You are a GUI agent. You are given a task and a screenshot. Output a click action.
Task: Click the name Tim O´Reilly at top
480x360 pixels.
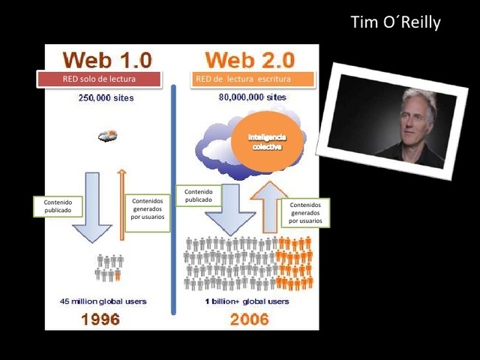point(395,22)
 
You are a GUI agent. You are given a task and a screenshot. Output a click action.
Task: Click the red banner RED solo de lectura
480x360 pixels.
point(99,79)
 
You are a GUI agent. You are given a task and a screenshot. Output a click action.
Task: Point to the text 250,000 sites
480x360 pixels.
point(106,98)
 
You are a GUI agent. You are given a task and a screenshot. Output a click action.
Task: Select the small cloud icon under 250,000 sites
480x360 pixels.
point(106,136)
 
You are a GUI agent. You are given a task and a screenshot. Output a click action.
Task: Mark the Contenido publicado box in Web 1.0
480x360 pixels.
point(57,206)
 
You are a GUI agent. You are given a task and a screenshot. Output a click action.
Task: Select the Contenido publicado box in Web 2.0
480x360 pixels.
point(198,196)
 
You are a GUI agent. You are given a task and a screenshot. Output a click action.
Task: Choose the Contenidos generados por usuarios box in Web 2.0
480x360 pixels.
point(304,213)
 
